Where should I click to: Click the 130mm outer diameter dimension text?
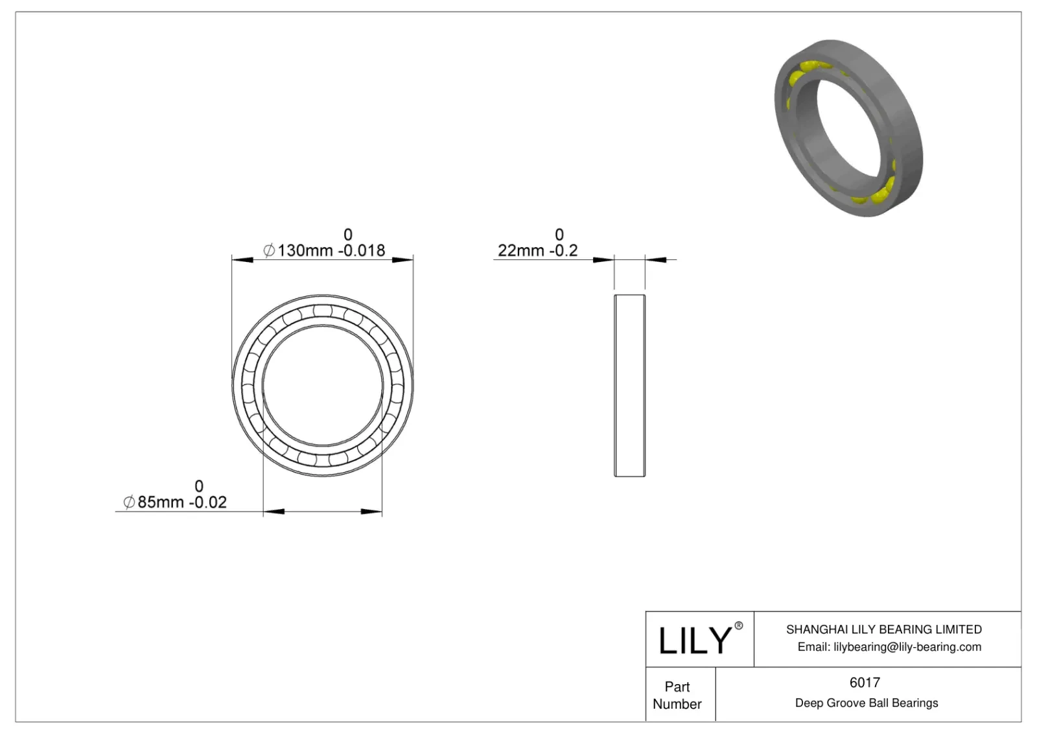coord(305,250)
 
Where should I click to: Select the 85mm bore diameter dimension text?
coord(161,503)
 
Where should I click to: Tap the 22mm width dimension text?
coord(520,250)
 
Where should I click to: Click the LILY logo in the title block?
coord(694,641)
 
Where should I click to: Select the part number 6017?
coord(865,682)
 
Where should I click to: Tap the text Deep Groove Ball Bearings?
coord(866,703)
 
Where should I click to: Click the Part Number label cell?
coord(677,695)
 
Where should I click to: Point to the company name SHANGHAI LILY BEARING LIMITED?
coord(883,629)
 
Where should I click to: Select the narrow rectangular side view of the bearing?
coord(629,386)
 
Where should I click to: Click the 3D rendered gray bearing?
coord(848,128)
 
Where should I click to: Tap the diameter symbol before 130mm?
coord(269,250)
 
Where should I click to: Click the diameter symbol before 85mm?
coord(129,503)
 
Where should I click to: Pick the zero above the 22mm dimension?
coord(559,234)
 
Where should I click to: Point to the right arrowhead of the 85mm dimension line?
coord(371,512)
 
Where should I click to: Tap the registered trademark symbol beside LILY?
coord(738,626)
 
